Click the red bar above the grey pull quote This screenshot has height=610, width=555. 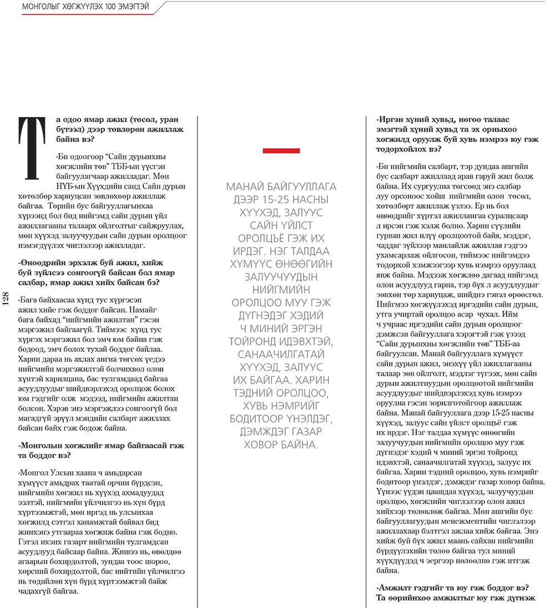tap(281, 150)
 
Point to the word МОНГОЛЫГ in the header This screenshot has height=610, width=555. tap(42, 7)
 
